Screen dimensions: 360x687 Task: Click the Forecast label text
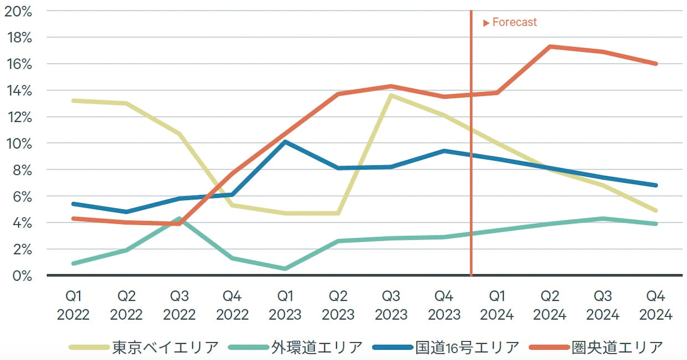(x=515, y=23)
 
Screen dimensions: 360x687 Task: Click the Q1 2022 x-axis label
(x=73, y=305)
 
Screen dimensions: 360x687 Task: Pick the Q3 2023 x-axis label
(x=391, y=305)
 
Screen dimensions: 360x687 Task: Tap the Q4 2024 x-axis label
(x=656, y=305)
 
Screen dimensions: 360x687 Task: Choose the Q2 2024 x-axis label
(x=550, y=305)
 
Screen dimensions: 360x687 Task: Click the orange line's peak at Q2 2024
(x=550, y=47)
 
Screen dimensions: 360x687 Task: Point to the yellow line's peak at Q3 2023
(x=391, y=95)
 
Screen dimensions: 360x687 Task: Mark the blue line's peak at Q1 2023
(x=285, y=142)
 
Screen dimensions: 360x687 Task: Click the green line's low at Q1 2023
(x=285, y=269)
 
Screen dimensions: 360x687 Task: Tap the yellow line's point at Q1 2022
(x=73, y=101)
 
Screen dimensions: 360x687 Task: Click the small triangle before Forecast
(x=486, y=23)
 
